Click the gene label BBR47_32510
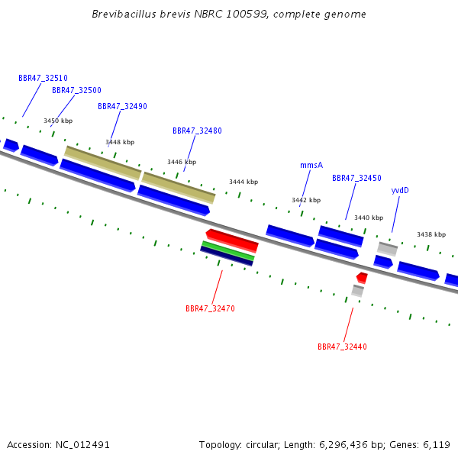[x=43, y=78]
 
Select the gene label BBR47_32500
[x=76, y=90]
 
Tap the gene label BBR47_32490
[x=122, y=106]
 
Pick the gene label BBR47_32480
[x=197, y=131]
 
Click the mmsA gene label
[x=311, y=165]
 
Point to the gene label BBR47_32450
[x=356, y=178]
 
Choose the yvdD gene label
[x=400, y=190]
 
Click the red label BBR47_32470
[x=210, y=308]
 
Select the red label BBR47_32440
[x=342, y=347]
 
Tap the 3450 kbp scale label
[x=58, y=121]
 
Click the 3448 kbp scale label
[x=120, y=142]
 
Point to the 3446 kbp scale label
[x=182, y=162]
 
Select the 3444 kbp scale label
[x=244, y=182]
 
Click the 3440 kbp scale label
[x=369, y=218]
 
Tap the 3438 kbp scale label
[x=431, y=234]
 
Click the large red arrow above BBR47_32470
[x=232, y=240]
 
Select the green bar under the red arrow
[x=227, y=250]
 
